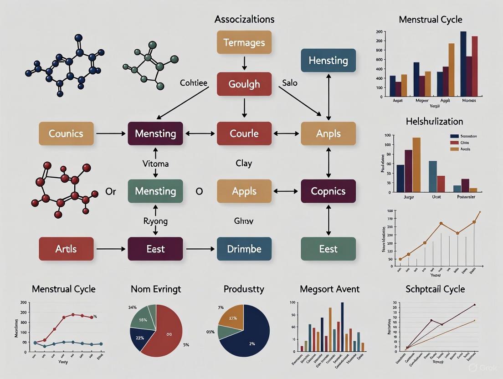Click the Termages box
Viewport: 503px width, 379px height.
point(244,42)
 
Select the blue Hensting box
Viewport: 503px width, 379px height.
point(328,61)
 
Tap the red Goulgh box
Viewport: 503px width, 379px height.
point(244,84)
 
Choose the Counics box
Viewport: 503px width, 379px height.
point(66,133)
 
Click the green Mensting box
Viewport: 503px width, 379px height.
point(155,191)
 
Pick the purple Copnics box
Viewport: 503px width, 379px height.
point(328,191)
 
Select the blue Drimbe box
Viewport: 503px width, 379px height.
point(244,249)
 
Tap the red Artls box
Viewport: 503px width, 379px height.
point(66,249)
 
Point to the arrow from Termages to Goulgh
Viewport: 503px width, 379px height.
point(244,63)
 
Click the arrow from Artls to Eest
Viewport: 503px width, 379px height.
point(111,249)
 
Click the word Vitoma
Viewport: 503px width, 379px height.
point(155,163)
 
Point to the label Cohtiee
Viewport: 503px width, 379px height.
point(194,83)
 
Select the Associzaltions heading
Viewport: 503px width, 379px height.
point(244,19)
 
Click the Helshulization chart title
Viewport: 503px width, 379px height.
point(434,121)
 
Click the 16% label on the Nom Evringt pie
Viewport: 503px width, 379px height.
point(143,320)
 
